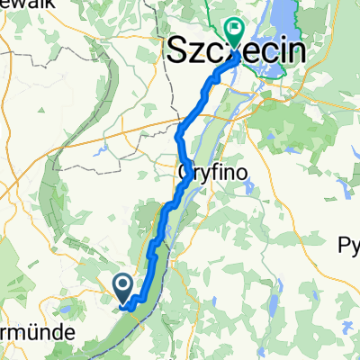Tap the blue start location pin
pyautogui.click(x=123, y=287)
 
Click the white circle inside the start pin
pyautogui.click(x=123, y=283)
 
